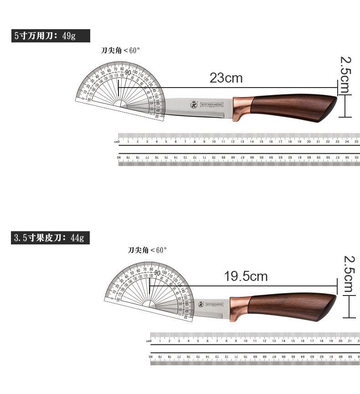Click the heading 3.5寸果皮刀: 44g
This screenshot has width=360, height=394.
click(50, 238)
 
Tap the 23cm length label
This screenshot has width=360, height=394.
click(226, 78)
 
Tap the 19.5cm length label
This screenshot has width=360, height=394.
click(246, 276)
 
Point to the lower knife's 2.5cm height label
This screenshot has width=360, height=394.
click(349, 274)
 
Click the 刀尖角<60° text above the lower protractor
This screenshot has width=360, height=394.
click(148, 250)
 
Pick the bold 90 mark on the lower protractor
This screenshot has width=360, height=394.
click(158, 273)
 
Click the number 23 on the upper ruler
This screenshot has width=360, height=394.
click(338, 142)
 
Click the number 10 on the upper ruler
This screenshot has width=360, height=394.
click(214, 142)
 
